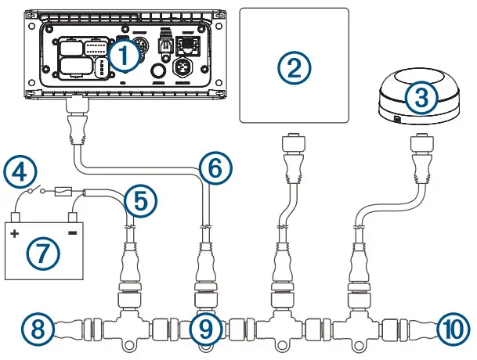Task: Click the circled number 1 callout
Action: pyautogui.click(x=124, y=53)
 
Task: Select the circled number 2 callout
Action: pyautogui.click(x=292, y=68)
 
